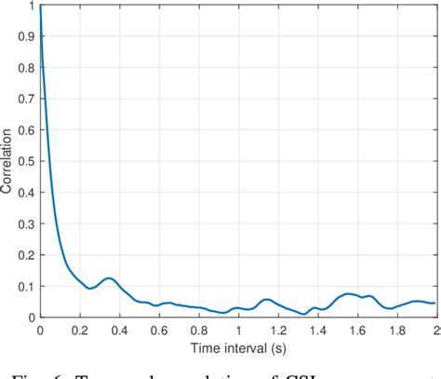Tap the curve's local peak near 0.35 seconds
coord(109,277)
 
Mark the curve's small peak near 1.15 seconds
coord(267,299)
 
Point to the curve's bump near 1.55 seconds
coord(348,293)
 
